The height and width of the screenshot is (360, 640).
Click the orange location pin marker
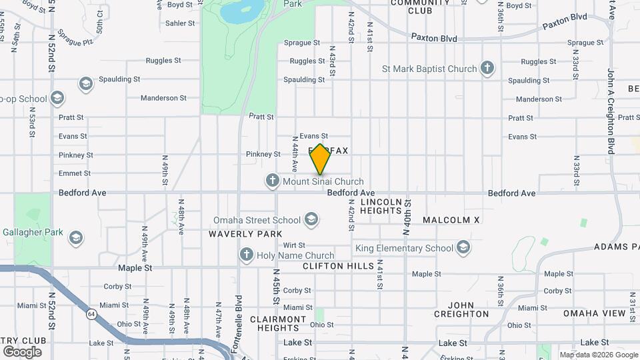[x=320, y=159]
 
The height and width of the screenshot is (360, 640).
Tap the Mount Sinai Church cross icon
[x=272, y=181]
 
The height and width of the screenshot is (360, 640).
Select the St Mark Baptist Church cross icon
[x=488, y=68]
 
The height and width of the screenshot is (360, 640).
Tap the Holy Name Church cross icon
[x=247, y=255]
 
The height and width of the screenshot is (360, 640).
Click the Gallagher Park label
[x=31, y=233]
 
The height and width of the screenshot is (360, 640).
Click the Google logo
[x=21, y=351]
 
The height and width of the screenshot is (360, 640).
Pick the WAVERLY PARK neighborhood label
[x=241, y=234]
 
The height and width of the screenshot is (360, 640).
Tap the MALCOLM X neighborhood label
[x=451, y=219]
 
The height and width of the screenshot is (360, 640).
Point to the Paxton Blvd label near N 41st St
[x=433, y=38]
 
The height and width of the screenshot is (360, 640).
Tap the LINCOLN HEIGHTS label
[x=381, y=205]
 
